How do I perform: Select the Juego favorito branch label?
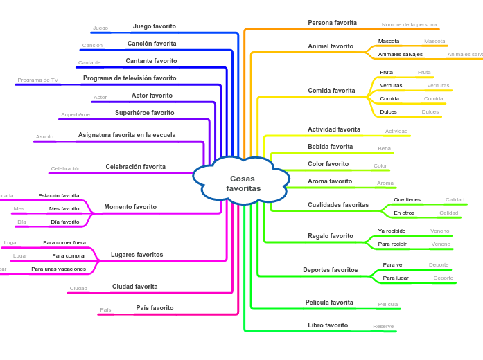(x=154, y=26)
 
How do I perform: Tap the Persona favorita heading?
(x=332, y=23)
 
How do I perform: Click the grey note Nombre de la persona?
(x=409, y=24)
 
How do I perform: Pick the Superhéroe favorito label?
(x=144, y=113)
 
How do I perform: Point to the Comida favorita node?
(x=331, y=91)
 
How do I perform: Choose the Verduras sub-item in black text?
(x=391, y=85)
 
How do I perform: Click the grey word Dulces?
(x=430, y=111)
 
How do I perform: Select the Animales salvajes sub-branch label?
(x=400, y=54)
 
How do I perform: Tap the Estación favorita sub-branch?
(x=59, y=195)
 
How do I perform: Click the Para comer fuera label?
(x=64, y=243)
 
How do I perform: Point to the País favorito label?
(x=155, y=308)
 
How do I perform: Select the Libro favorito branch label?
(x=328, y=325)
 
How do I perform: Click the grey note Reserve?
(x=383, y=326)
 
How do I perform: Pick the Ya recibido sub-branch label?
(x=392, y=231)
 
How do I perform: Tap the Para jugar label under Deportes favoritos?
(x=396, y=278)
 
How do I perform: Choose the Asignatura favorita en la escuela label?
(x=127, y=135)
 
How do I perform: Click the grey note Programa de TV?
(x=37, y=80)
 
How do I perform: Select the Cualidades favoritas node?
(x=338, y=205)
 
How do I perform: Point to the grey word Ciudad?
(x=78, y=288)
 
